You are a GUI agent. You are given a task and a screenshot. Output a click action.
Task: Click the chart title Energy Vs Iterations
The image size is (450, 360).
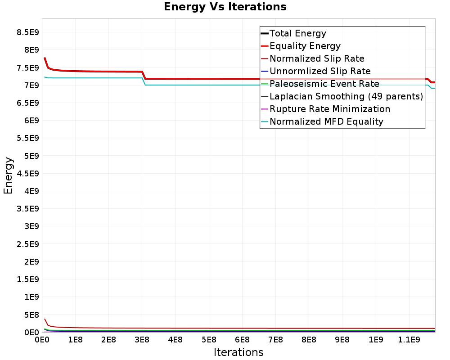coord(225,7)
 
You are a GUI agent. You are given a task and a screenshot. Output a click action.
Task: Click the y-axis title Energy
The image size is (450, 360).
coord(8,175)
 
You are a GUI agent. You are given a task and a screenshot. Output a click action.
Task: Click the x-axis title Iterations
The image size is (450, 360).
coord(238,352)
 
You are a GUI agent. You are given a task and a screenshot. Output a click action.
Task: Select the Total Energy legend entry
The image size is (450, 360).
coord(297,33)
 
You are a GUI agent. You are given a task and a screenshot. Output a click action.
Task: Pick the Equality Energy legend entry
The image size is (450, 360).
coord(305,46)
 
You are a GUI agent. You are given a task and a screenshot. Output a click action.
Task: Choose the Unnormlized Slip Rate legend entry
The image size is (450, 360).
coord(320,71)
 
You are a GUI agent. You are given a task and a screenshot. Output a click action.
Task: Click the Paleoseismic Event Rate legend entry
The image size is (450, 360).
coord(324,84)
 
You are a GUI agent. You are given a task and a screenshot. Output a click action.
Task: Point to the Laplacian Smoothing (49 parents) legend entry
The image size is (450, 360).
coord(346,96)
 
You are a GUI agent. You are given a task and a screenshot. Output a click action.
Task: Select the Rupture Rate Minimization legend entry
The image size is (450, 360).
coord(329,109)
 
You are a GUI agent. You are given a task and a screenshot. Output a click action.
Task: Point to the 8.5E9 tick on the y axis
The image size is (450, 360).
coord(27,32)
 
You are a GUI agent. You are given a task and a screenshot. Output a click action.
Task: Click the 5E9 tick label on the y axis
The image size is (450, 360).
coord(31,156)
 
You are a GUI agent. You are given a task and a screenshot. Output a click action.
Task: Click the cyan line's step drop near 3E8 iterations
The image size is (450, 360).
coord(144,81)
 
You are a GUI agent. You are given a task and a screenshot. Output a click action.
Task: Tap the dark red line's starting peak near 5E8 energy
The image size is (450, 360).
coord(45,319)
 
